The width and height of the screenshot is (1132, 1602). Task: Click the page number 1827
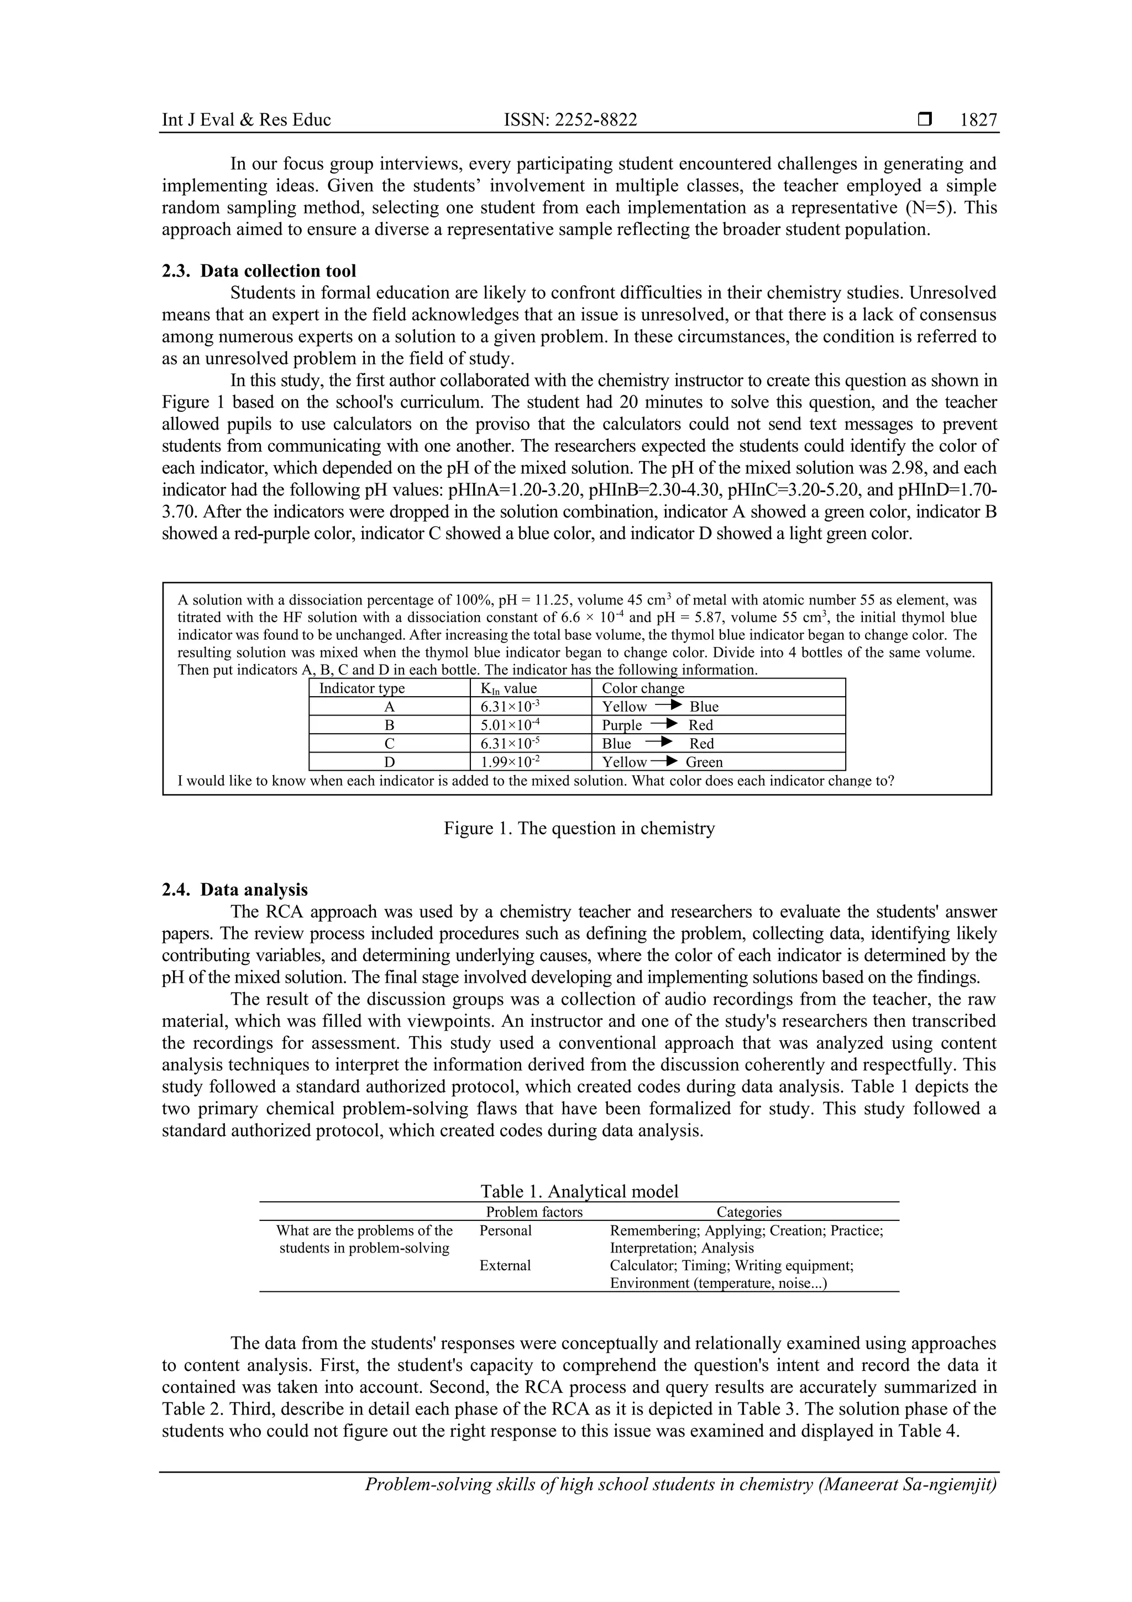(x=978, y=120)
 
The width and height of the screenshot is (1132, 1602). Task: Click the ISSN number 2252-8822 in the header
(x=570, y=120)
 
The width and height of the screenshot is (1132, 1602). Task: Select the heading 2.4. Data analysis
(x=234, y=890)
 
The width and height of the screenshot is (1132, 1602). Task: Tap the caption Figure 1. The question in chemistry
(x=579, y=828)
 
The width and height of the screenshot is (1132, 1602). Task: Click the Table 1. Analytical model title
(x=579, y=1191)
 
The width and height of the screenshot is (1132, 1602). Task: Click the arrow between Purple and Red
(x=665, y=724)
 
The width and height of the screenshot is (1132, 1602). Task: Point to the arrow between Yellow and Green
(x=665, y=761)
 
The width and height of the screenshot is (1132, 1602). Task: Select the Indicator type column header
(x=361, y=688)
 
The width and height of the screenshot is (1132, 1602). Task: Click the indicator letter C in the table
(x=389, y=744)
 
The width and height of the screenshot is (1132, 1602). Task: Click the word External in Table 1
(x=505, y=1265)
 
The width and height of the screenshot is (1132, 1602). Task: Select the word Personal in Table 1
(x=505, y=1230)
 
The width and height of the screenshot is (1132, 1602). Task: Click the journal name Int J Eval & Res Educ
(x=246, y=120)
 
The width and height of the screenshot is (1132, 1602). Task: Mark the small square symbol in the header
(x=925, y=119)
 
